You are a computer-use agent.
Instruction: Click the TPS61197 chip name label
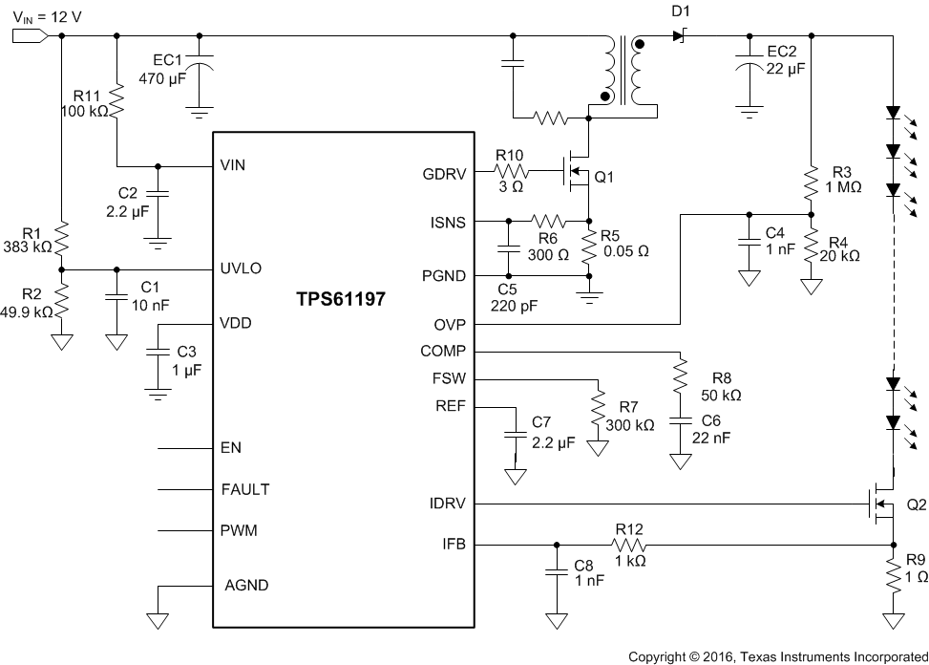click(344, 299)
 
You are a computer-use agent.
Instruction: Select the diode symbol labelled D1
click(679, 36)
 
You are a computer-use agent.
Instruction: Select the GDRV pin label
click(443, 174)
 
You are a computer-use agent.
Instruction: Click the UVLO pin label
click(242, 268)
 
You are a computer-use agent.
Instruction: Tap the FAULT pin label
click(245, 489)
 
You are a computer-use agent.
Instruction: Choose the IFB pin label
click(454, 545)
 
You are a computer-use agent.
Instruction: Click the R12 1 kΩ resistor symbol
click(629, 545)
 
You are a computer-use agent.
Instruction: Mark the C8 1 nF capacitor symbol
click(554, 572)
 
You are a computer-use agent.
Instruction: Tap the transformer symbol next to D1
click(623, 72)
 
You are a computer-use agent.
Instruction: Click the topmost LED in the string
click(893, 114)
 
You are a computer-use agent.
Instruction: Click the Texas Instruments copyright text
click(777, 656)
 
